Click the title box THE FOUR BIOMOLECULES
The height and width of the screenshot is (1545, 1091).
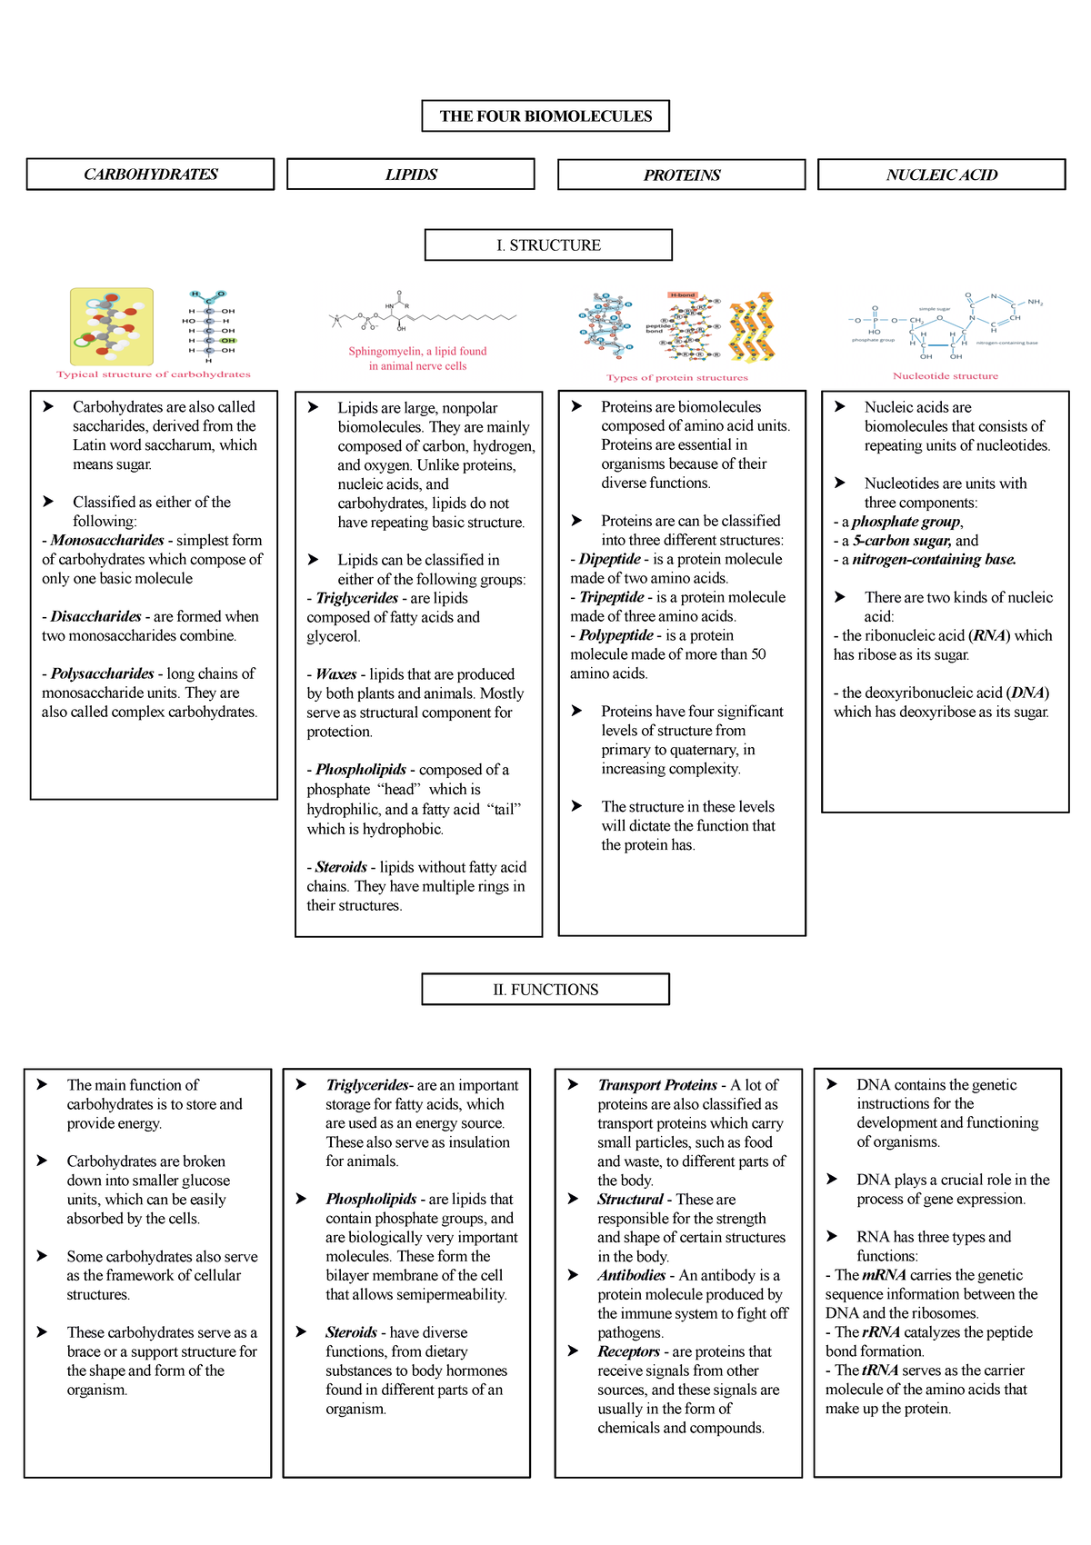(545, 116)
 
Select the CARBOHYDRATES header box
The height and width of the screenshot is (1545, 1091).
(150, 174)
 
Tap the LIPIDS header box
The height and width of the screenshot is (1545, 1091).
(411, 174)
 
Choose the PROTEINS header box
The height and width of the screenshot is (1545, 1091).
(682, 175)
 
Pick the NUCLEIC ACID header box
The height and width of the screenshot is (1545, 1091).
(942, 175)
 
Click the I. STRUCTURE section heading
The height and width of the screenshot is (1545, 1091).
(548, 245)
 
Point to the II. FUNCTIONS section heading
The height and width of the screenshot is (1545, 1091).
(545, 990)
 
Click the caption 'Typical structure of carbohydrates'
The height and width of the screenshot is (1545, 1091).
(153, 374)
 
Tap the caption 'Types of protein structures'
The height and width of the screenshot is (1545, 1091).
(677, 378)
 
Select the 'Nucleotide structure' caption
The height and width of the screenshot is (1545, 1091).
(946, 376)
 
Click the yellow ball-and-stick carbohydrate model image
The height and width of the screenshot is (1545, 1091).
(112, 326)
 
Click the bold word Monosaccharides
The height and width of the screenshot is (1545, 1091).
(107, 541)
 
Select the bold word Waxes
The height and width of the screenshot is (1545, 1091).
(336, 674)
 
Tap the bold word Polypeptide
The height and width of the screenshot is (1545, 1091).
(616, 635)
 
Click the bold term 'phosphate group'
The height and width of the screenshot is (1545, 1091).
(906, 522)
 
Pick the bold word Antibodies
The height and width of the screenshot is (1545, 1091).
(632, 1276)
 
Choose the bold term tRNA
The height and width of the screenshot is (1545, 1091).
(880, 1371)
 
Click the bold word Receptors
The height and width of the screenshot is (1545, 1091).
(629, 1352)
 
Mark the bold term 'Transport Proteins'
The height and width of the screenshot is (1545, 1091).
(657, 1085)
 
